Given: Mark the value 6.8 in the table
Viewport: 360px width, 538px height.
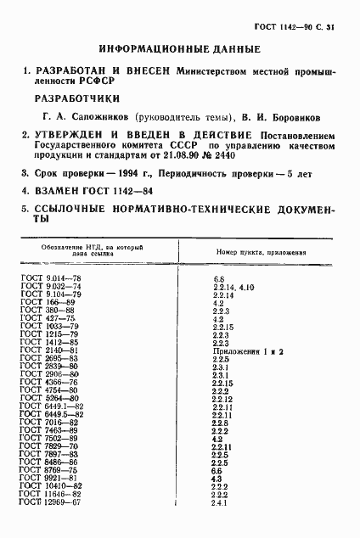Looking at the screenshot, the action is coord(217,277).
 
